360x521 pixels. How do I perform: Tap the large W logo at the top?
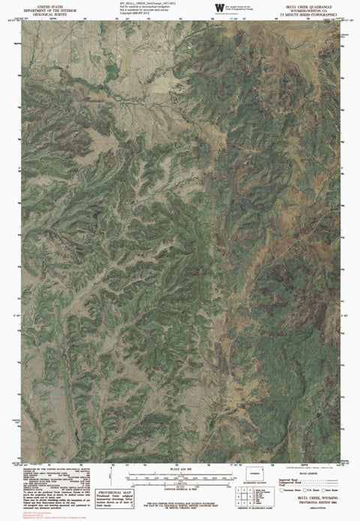pos(219,7)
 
